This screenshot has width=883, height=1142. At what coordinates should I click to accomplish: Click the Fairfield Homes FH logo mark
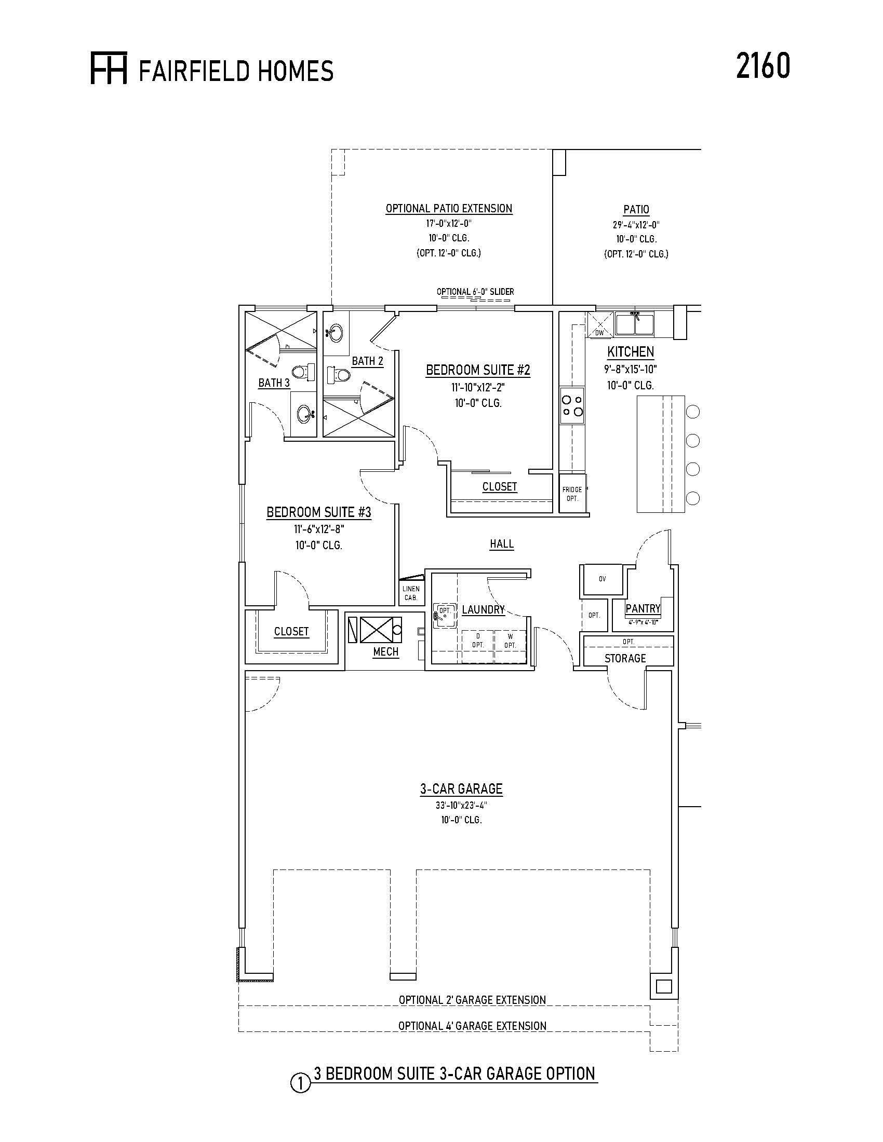(x=109, y=68)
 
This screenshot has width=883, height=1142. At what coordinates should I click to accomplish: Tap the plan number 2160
(x=762, y=66)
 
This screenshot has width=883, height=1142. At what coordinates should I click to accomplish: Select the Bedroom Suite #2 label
(x=478, y=370)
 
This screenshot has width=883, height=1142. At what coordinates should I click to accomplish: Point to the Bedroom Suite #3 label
(x=318, y=512)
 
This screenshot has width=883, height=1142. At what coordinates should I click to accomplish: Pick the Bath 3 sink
(x=304, y=415)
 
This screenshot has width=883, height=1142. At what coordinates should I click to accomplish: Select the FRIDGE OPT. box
(x=573, y=494)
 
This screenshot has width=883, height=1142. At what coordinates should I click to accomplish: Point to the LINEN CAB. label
(x=411, y=593)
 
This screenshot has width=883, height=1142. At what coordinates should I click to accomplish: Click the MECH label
(x=386, y=651)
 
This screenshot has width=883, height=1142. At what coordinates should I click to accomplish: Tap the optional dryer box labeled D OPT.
(x=477, y=641)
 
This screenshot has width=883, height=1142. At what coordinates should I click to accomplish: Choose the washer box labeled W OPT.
(x=510, y=641)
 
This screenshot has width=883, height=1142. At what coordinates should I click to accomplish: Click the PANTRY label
(x=643, y=609)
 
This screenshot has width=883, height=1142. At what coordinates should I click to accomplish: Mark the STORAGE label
(x=625, y=658)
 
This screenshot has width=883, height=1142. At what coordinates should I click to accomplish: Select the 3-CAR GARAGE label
(x=461, y=788)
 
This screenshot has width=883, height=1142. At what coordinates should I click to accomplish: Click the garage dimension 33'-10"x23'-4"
(x=461, y=806)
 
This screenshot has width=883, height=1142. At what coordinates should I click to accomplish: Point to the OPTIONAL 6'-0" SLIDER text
(x=475, y=292)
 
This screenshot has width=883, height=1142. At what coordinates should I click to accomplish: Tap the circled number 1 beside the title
(x=300, y=1082)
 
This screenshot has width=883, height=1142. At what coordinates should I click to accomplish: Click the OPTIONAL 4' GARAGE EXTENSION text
(x=472, y=1026)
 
